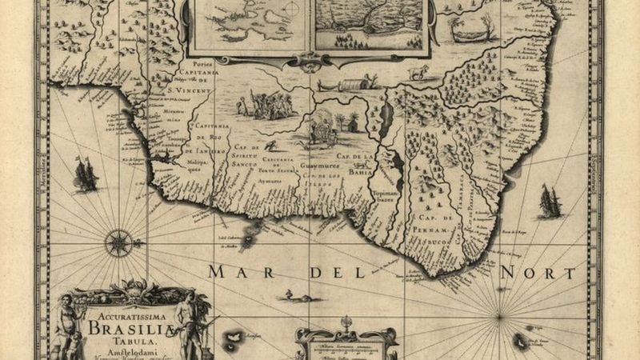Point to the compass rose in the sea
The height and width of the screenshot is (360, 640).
click(119, 241)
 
